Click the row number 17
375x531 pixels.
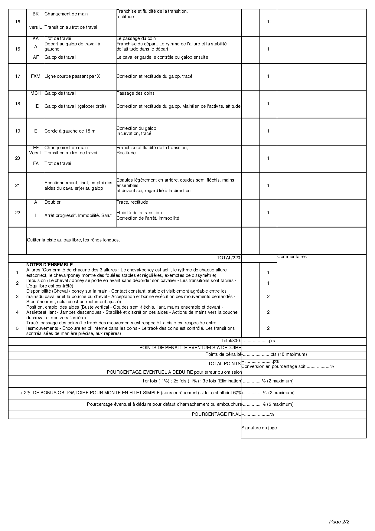(x=18, y=76)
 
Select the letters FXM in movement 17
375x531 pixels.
(x=36, y=76)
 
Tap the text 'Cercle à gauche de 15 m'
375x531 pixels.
(x=70, y=131)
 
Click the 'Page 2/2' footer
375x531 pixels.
(x=339, y=522)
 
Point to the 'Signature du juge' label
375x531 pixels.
(x=259, y=428)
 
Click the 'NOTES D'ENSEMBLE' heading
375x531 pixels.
(x=50, y=265)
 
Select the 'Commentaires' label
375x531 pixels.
(x=292, y=257)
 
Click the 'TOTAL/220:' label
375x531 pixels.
(x=229, y=258)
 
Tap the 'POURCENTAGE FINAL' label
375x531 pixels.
(x=216, y=414)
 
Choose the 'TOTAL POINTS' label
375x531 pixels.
(x=224, y=364)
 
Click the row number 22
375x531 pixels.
(x=18, y=213)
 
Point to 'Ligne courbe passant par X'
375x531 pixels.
(x=72, y=76)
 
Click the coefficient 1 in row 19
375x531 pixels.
(x=268, y=131)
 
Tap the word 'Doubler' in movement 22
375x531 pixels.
(x=53, y=202)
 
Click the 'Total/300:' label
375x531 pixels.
(x=230, y=341)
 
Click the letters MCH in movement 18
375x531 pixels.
(x=36, y=93)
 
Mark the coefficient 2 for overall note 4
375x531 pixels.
(x=268, y=312)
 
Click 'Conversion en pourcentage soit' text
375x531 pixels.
(x=273, y=366)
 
